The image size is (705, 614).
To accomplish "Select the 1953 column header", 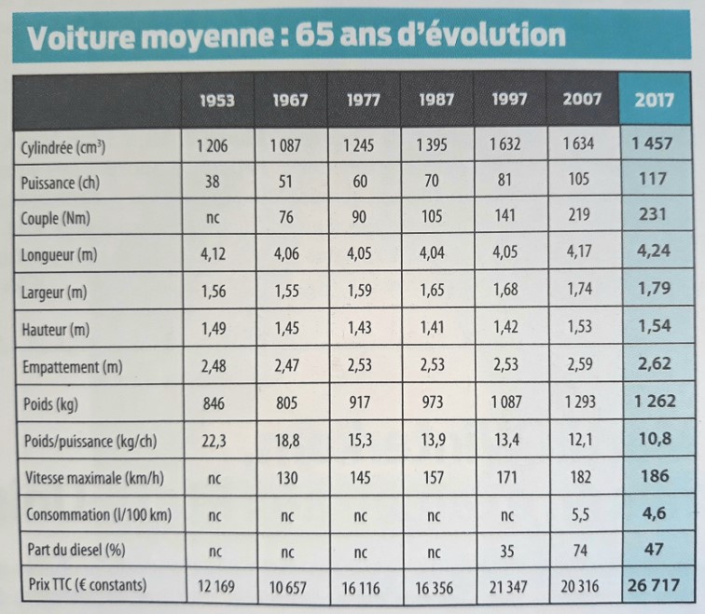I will tap(216, 100).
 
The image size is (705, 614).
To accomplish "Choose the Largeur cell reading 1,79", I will tap(655, 290).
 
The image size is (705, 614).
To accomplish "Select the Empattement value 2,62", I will tap(656, 364).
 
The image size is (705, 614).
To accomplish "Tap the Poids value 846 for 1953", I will tap(214, 403).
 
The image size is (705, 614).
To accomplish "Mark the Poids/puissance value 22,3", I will tap(214, 440).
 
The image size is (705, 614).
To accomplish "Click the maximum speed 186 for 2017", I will tap(656, 476).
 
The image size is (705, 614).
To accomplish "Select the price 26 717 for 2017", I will tap(657, 585).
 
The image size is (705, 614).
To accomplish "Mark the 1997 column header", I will tap(509, 99).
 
